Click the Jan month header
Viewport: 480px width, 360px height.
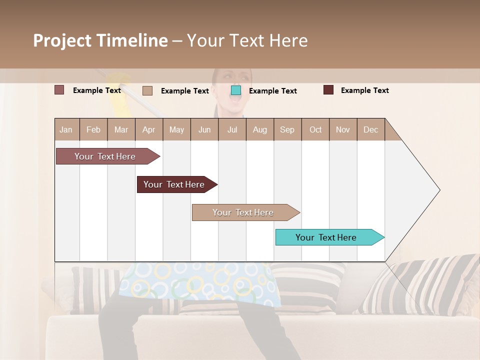[x=66, y=129]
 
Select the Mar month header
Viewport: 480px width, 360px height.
[x=121, y=129]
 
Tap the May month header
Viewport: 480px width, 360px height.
[x=176, y=129]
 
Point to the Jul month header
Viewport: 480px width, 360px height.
[x=232, y=129]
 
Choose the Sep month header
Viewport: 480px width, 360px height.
[x=287, y=129]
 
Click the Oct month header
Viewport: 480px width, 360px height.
[x=315, y=129]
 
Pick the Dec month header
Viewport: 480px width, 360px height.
[x=370, y=129]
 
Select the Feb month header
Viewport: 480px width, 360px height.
[x=93, y=129]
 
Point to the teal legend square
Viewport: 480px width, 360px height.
[x=236, y=90]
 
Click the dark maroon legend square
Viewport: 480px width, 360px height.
[x=328, y=90]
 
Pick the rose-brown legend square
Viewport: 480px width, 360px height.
[x=59, y=90]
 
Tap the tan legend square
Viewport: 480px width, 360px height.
[x=147, y=90]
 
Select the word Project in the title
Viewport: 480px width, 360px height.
[x=62, y=40]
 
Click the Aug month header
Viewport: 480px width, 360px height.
[x=259, y=129]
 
